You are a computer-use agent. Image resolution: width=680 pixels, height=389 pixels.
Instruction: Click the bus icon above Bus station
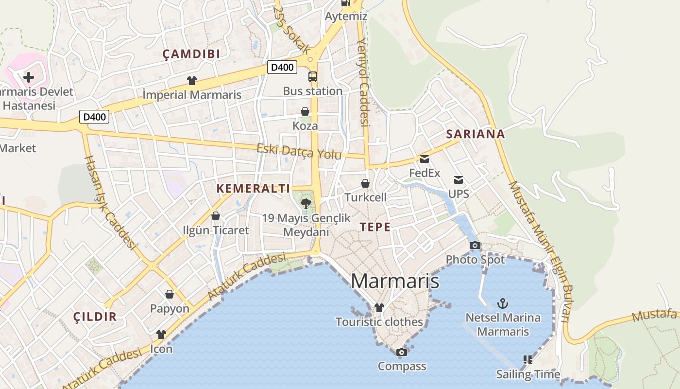point(312,77)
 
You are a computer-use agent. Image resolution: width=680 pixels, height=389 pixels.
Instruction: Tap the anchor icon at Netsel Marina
point(503,304)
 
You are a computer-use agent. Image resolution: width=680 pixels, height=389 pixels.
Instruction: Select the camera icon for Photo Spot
point(475,246)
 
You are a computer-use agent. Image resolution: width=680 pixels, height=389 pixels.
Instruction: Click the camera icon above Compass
point(402,352)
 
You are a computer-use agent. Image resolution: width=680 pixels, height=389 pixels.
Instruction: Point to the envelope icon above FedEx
point(425,159)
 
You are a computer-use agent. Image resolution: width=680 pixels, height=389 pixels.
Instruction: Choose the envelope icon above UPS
point(459,180)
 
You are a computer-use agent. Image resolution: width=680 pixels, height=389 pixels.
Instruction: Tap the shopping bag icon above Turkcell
point(365,183)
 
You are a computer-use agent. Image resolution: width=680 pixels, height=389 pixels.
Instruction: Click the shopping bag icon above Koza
point(305,112)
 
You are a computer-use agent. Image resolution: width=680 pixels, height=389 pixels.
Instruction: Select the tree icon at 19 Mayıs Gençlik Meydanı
point(306,204)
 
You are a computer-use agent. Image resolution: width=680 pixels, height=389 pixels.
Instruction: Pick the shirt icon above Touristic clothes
point(379,308)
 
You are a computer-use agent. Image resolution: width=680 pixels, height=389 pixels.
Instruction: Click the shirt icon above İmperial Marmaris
point(192,81)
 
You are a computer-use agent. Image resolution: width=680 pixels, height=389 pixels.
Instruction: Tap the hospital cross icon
point(29,77)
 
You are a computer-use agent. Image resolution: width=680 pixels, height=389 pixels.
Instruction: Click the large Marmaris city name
point(395,281)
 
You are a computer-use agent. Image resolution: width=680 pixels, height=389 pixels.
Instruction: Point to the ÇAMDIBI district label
point(191,54)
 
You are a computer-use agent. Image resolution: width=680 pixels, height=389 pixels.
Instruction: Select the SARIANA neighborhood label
point(476,134)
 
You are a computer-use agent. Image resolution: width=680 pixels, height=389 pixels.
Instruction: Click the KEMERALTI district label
point(253,189)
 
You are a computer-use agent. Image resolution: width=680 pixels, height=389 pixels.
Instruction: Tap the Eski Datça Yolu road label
point(299,152)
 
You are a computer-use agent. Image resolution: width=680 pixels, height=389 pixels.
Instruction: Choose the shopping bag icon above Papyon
point(170,294)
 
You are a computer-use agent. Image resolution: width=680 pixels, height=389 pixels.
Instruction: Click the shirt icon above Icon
point(161,335)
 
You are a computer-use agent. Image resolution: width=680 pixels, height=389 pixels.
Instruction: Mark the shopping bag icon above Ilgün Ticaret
point(216,216)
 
